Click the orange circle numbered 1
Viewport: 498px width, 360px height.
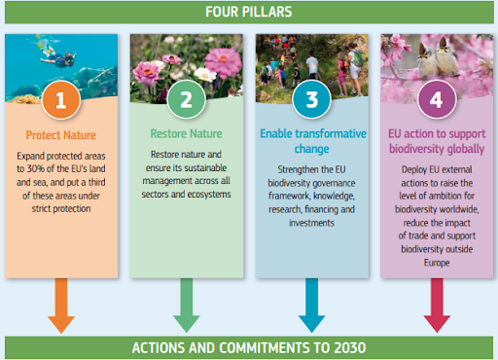click(61, 100)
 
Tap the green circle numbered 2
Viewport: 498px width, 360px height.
click(187, 99)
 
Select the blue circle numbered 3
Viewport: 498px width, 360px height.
click(311, 99)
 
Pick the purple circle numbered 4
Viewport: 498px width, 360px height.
click(437, 99)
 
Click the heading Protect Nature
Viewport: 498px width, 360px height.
click(61, 135)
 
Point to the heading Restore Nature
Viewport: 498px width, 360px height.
click(187, 133)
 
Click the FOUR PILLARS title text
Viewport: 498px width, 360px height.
click(249, 12)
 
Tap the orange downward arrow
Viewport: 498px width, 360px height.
click(61, 306)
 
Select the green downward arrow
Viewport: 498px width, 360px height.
click(187, 306)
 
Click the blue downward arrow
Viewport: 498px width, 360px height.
click(311, 306)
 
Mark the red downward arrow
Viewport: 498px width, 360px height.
click(437, 306)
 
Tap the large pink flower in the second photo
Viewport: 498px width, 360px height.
click(224, 61)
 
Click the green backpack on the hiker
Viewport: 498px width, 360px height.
click(358, 58)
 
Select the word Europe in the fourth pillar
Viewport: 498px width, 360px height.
click(437, 263)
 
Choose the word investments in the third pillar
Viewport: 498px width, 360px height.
click(311, 223)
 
